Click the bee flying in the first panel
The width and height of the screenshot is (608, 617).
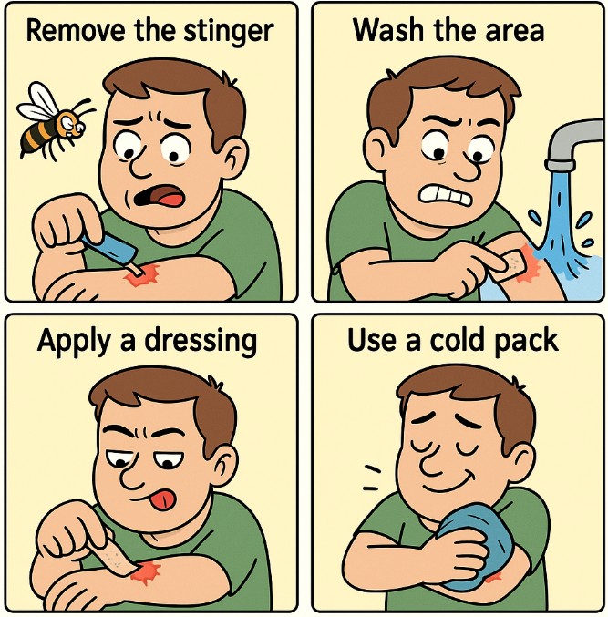point(53,122)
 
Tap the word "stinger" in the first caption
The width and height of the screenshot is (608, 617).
point(229,32)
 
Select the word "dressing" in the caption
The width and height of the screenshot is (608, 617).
point(201,342)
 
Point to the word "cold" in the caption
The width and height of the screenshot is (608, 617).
point(456,340)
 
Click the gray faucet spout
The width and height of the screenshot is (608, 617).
point(572,145)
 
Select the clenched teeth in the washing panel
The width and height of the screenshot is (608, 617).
point(445,195)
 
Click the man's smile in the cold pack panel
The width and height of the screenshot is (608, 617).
point(446,484)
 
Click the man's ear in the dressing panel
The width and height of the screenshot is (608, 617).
point(224,467)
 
